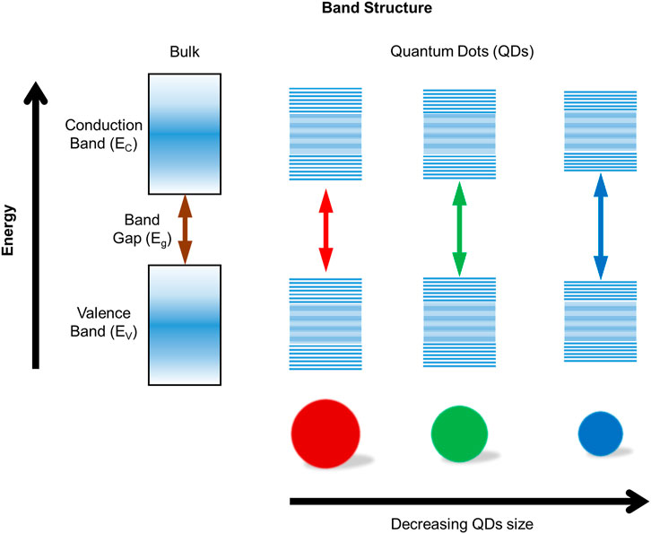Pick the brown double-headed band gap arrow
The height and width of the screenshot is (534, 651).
tap(186, 229)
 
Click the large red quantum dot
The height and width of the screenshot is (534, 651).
tap(324, 434)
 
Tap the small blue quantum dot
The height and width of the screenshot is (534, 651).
tap(598, 435)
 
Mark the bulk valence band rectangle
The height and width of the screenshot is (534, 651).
tap(186, 326)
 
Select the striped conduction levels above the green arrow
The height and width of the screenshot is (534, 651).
tap(459, 130)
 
